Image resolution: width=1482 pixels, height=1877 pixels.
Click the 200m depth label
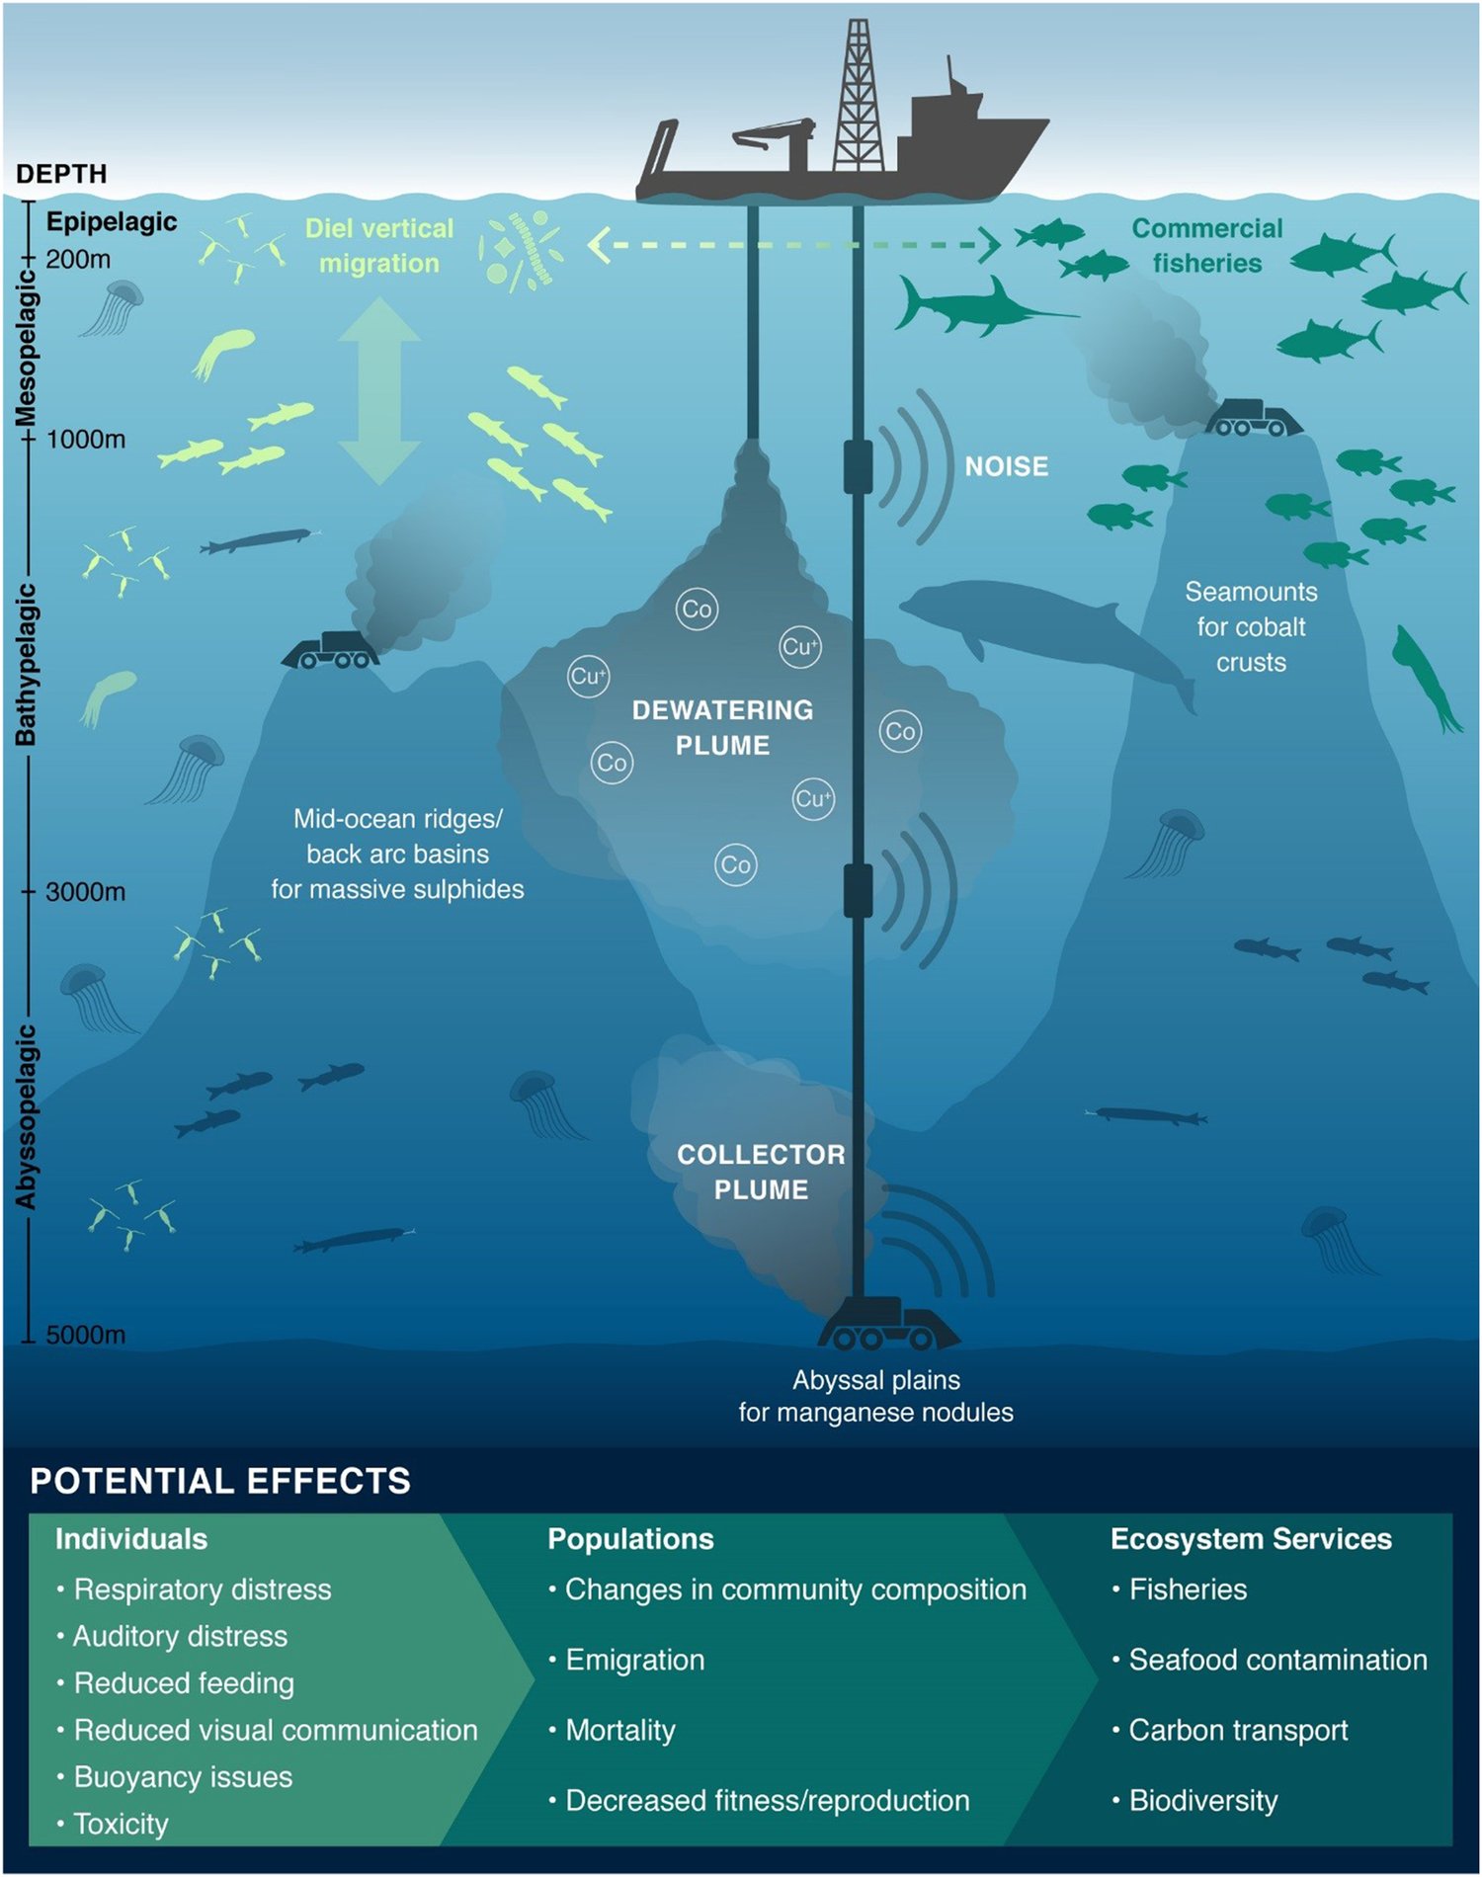(x=78, y=260)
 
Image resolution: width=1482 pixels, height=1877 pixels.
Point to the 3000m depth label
(x=85, y=892)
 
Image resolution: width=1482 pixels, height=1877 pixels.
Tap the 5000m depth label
(x=85, y=1335)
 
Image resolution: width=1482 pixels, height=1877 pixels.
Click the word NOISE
(x=1006, y=466)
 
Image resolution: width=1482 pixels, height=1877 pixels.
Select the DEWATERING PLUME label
(x=722, y=727)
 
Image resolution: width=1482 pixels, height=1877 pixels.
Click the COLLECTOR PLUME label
(x=761, y=1172)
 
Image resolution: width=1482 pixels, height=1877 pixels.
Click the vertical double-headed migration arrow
(x=379, y=392)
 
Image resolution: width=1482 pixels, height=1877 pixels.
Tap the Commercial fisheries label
(x=1206, y=246)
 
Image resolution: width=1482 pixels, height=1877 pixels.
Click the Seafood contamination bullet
(x=1277, y=1660)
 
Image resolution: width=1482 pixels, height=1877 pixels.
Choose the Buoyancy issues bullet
(x=183, y=1777)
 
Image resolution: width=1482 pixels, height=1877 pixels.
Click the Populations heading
(x=630, y=1539)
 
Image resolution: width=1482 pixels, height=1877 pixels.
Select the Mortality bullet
(x=620, y=1730)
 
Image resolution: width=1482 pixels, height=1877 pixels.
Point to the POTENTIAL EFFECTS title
(x=220, y=1481)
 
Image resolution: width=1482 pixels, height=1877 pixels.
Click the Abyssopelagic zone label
(x=26, y=1116)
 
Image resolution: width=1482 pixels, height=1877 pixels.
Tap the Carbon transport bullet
(x=1238, y=1730)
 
